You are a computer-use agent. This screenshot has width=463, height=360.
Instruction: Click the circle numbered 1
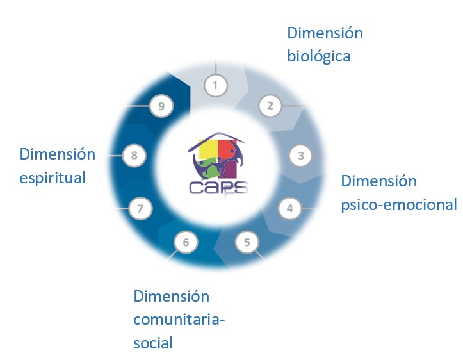click(x=215, y=85)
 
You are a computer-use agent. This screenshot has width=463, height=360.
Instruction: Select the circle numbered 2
click(x=270, y=106)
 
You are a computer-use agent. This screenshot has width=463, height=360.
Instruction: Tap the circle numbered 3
click(x=300, y=155)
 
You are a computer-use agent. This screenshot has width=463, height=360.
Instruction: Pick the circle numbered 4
click(x=289, y=208)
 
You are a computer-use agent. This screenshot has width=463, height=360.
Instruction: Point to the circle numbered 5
click(x=247, y=242)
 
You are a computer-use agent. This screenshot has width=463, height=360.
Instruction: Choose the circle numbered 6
click(x=186, y=242)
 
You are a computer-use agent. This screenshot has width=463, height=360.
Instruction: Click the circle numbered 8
click(x=134, y=155)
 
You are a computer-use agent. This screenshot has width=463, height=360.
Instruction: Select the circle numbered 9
click(x=161, y=106)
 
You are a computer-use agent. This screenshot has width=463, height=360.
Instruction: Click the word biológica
click(x=319, y=56)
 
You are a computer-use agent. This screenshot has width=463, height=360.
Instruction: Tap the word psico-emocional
click(x=398, y=204)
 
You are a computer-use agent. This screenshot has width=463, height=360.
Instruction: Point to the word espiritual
click(x=53, y=177)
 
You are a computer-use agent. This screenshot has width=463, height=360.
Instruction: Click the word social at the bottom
click(x=153, y=343)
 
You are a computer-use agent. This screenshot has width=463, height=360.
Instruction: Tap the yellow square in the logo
click(x=207, y=151)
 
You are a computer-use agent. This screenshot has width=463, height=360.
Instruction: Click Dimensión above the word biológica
click(x=325, y=33)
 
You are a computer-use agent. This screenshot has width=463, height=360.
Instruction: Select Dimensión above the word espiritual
click(x=57, y=154)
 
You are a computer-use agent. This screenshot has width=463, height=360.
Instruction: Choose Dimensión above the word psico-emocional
click(x=378, y=181)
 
